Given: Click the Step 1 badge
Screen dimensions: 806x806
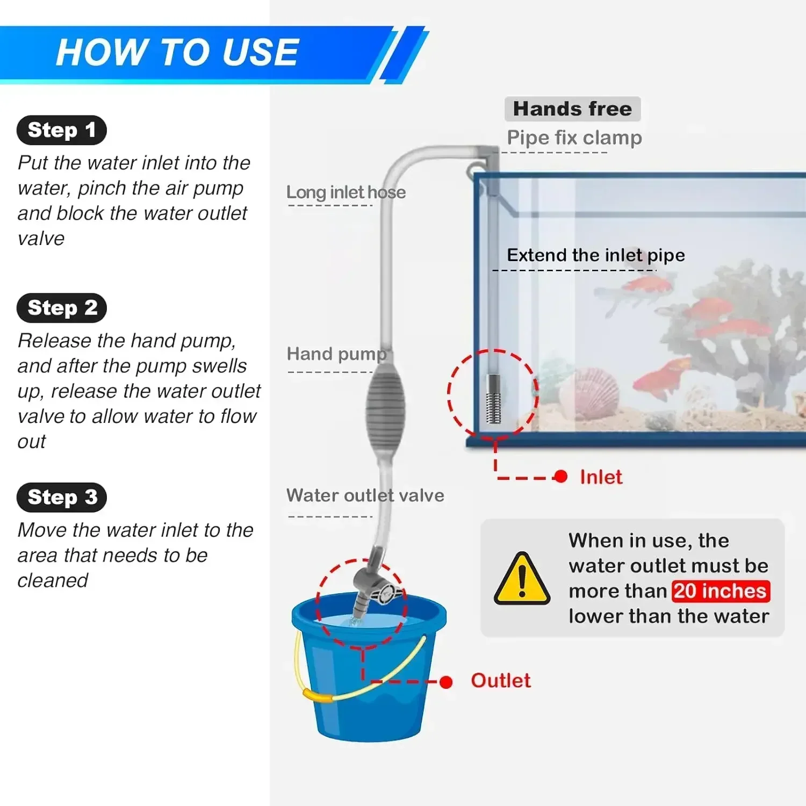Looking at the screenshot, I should [x=61, y=130].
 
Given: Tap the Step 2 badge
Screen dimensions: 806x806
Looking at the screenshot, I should [x=61, y=308].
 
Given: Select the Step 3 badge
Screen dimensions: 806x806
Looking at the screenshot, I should [x=61, y=497].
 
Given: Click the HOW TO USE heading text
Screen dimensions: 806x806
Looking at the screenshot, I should [x=177, y=53].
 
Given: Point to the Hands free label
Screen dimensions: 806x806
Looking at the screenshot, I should [x=572, y=109].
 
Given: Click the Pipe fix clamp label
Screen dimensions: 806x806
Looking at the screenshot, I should [x=574, y=138].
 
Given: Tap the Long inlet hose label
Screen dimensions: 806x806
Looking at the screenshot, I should [x=346, y=192].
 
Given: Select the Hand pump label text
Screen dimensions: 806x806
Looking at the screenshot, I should [x=336, y=354].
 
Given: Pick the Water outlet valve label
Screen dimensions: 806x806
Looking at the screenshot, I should [x=365, y=495].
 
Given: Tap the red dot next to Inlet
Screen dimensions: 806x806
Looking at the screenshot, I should [x=560, y=477].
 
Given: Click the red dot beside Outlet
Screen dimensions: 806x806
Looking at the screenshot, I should [x=445, y=682].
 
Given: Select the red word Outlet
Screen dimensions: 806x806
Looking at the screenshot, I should [x=500, y=681].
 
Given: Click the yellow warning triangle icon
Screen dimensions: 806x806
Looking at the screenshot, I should [x=522, y=579].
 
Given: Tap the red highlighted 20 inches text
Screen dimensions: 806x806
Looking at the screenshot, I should [x=721, y=591].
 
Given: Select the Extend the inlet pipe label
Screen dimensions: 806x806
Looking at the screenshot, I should [x=595, y=255].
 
